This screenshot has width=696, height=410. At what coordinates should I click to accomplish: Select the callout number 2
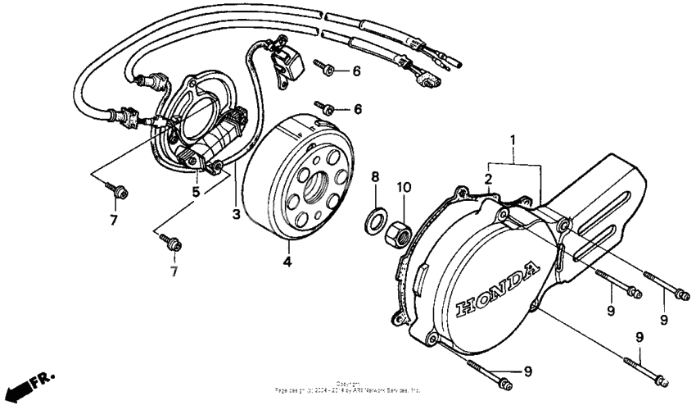(487, 180)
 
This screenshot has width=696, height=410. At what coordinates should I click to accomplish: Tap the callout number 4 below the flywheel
(287, 263)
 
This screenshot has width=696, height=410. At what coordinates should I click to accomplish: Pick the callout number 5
(196, 192)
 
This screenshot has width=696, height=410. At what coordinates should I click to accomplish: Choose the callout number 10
(402, 187)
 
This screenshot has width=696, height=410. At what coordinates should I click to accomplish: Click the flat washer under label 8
(376, 220)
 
